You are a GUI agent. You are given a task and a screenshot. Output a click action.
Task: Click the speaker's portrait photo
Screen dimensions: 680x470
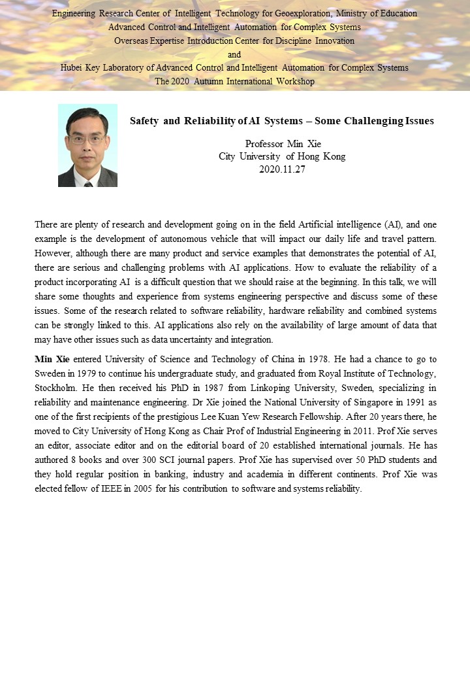click(87, 145)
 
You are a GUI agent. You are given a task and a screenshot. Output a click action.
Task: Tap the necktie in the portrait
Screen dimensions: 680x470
click(88, 184)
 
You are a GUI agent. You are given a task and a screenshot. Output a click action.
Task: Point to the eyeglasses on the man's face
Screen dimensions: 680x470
click(87, 138)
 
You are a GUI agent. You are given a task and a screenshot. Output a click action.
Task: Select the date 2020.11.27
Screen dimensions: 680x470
click(282, 169)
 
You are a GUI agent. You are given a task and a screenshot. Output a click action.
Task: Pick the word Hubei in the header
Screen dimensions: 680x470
click(73, 67)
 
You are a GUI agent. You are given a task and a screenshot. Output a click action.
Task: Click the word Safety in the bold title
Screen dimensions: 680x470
click(144, 121)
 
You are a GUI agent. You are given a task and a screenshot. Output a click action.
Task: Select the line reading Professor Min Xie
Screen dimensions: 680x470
click(282, 144)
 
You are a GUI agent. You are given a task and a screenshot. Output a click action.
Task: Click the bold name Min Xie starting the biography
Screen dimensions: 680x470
click(52, 359)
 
